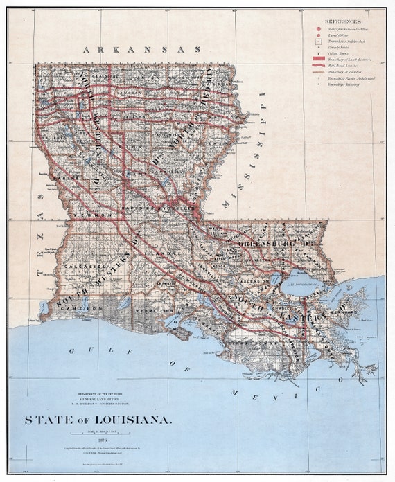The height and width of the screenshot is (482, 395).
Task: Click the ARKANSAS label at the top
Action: pyautogui.click(x=141, y=50)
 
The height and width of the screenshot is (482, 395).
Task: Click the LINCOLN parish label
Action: pyautogui.click(x=131, y=91)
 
